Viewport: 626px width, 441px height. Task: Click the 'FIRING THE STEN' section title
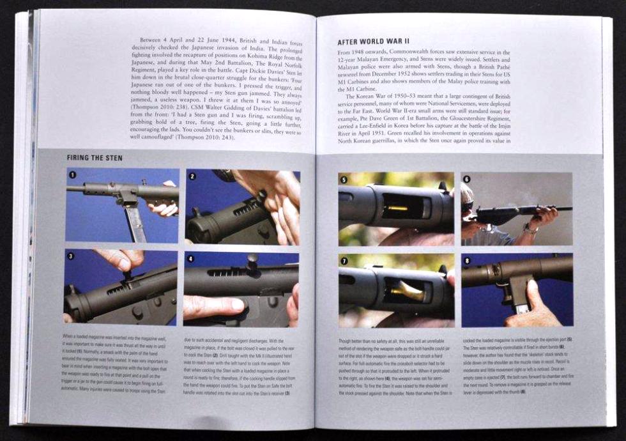tap(96, 158)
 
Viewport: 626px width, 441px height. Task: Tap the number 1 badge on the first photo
tap(72, 174)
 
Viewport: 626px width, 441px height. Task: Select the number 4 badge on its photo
tap(189, 257)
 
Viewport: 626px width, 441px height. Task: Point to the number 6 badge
tap(466, 180)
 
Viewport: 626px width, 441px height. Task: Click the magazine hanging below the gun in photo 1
tap(134, 220)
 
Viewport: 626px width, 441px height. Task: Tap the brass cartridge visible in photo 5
tap(397, 208)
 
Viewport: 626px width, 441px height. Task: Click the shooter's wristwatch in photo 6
tap(529, 228)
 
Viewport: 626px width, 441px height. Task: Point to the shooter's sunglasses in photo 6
tap(468, 205)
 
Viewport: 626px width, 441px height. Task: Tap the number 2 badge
tap(191, 174)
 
